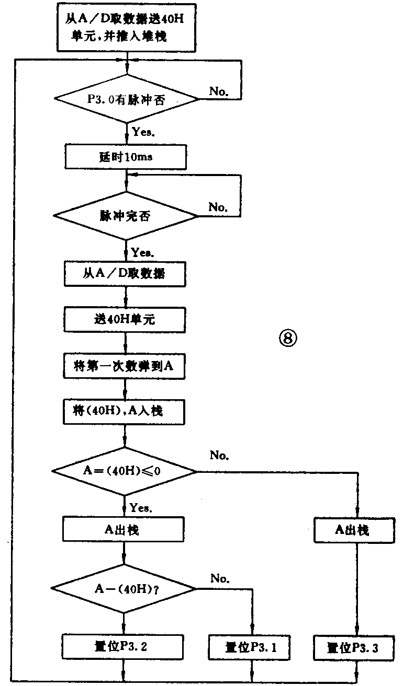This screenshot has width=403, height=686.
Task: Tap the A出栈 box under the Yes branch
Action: pyautogui.click(x=125, y=530)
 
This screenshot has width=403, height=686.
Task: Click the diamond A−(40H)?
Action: pyautogui.click(x=124, y=589)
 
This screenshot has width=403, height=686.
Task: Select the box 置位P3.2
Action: pyautogui.click(x=124, y=647)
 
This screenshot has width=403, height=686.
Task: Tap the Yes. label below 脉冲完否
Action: pyautogui.click(x=142, y=252)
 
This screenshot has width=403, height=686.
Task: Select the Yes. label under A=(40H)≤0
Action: pyautogui.click(x=142, y=507)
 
